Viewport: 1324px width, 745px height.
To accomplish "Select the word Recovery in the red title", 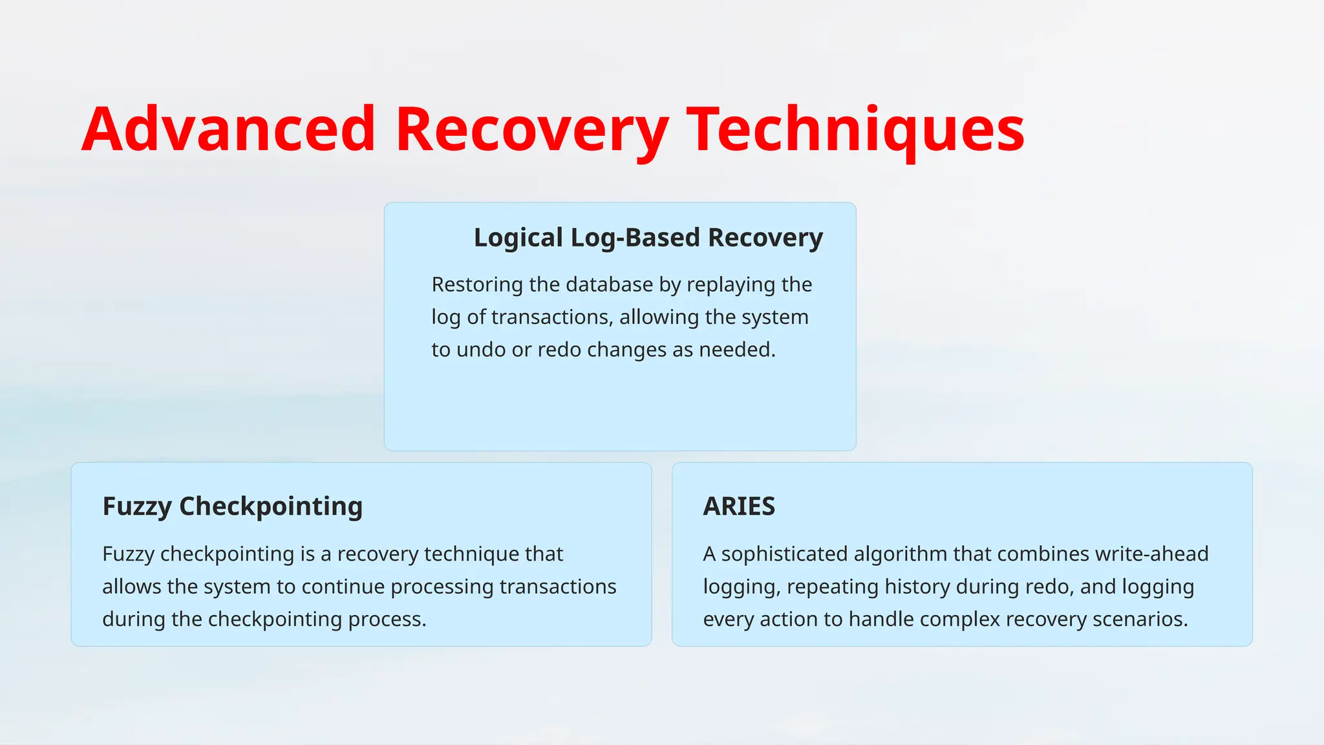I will pyautogui.click(x=531, y=129).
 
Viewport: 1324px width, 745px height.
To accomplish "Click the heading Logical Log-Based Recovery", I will pyautogui.click(x=648, y=238).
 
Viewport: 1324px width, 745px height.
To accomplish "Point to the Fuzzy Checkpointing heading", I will pyautogui.click(x=232, y=506).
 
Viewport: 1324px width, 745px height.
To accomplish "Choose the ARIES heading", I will pyautogui.click(x=739, y=506).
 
